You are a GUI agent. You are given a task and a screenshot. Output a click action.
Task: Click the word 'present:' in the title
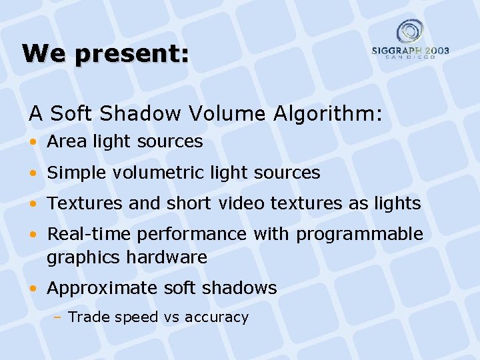pos(133,53)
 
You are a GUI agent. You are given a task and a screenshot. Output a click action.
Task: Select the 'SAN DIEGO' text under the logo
pos(410,57)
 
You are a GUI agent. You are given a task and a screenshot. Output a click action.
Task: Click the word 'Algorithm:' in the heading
pos(328,114)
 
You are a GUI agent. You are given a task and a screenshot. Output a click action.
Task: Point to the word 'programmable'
pos(359,235)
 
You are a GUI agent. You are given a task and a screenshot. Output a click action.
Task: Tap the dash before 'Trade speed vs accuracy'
pos(58,317)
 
